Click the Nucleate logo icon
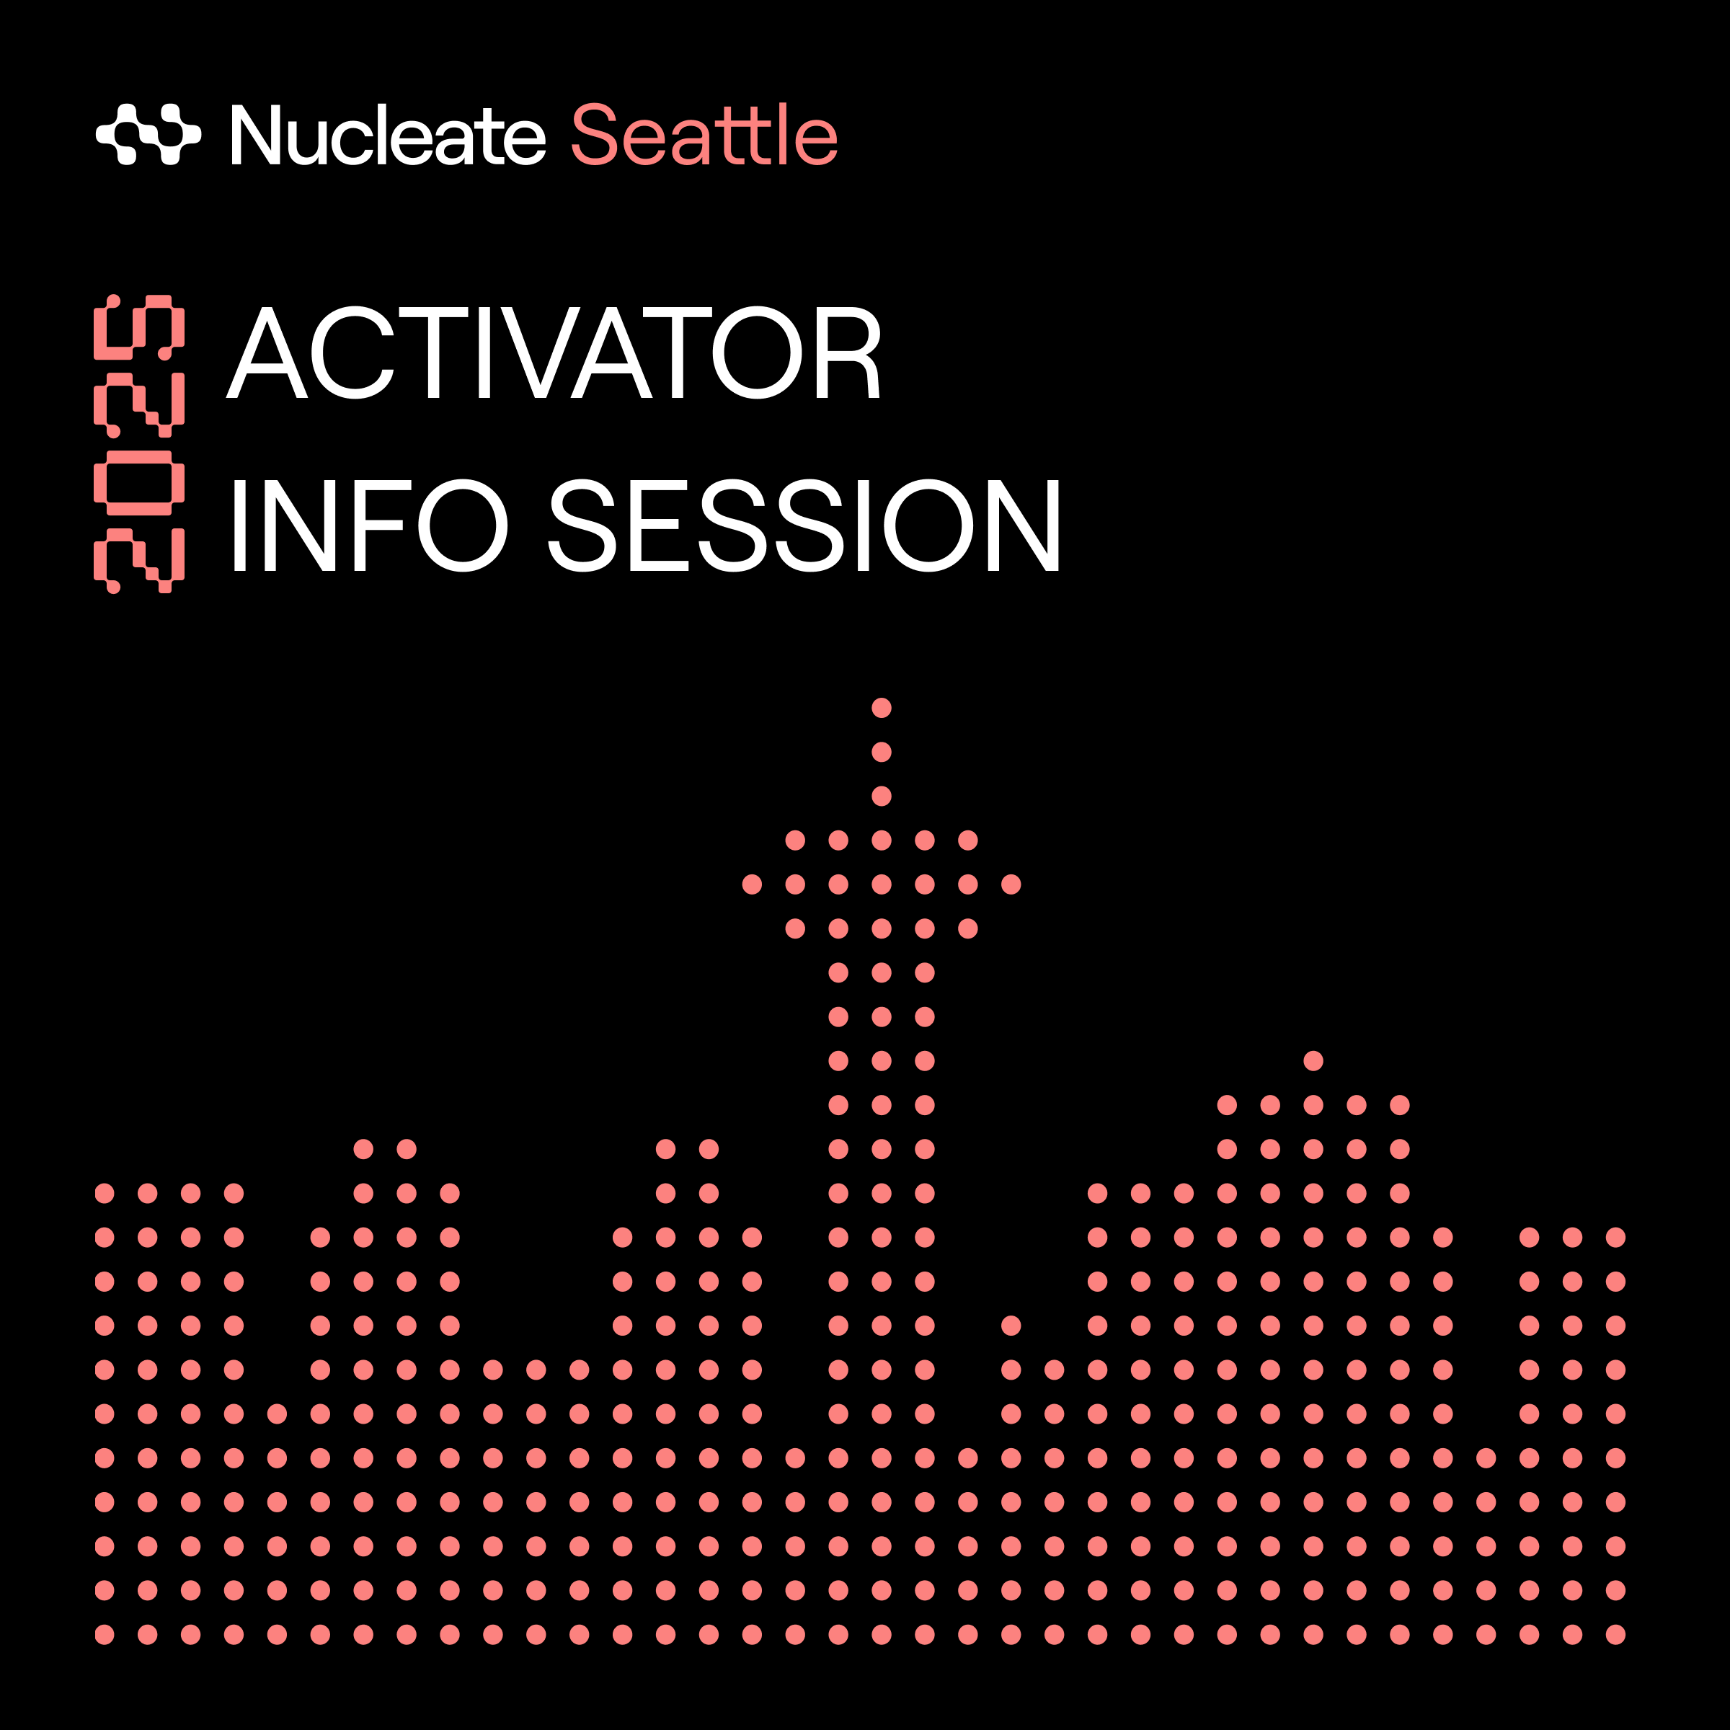coord(148,134)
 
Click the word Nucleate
coord(388,134)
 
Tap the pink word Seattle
coord(704,134)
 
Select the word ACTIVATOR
coord(554,352)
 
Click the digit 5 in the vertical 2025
coord(139,327)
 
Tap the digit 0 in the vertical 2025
coord(139,483)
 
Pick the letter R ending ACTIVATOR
coord(848,352)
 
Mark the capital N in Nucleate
coord(256,134)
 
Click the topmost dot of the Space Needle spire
coord(881,707)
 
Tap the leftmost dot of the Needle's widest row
coord(752,884)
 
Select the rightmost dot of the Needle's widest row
coord(1011,884)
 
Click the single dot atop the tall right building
coord(1313,1061)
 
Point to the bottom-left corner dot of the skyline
coord(105,1634)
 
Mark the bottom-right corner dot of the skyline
coord(1615,1634)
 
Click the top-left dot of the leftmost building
coord(105,1193)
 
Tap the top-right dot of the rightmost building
coord(1615,1238)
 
